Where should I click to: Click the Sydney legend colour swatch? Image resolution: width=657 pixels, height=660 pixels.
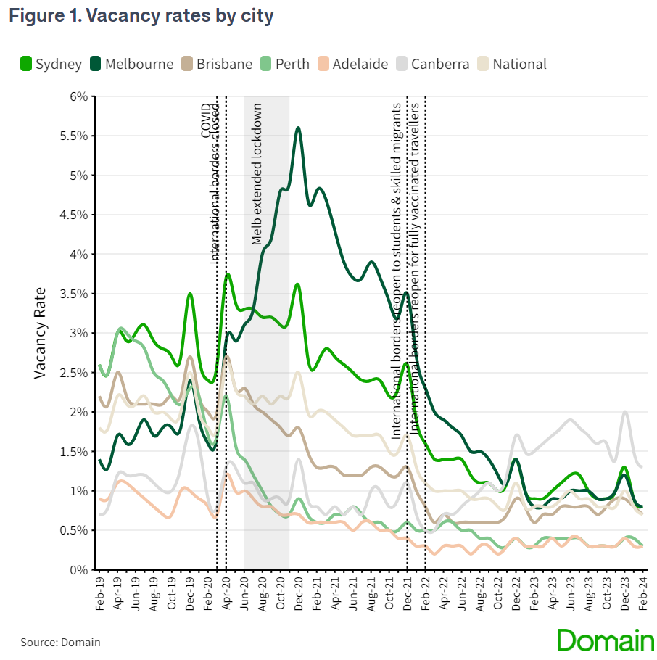25,64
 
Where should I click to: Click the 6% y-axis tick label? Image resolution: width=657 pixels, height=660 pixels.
78,96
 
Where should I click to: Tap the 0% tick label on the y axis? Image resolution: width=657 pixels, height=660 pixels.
78,570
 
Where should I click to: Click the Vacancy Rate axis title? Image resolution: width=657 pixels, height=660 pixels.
41,333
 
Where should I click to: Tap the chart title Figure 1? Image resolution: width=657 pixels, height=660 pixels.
141,16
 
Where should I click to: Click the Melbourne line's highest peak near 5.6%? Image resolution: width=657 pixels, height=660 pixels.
298,128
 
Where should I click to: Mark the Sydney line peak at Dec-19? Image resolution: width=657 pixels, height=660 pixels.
190,294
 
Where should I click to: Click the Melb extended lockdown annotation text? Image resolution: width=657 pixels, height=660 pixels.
257,174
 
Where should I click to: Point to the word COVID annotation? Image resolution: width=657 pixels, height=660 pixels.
206,120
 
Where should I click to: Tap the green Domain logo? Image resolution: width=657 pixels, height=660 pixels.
605,640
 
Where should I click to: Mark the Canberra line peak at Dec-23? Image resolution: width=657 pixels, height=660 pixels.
624,412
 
